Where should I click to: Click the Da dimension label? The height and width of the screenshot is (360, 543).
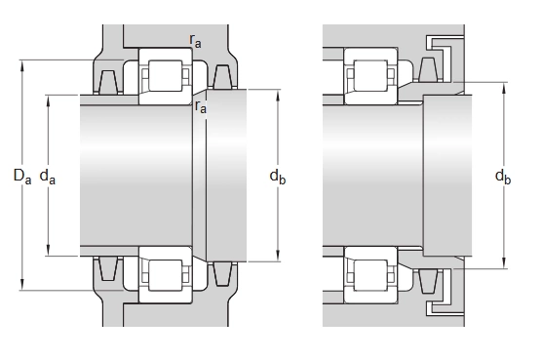(x=22, y=177)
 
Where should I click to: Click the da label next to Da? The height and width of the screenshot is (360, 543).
(x=48, y=177)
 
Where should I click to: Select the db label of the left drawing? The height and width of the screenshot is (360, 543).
(x=278, y=177)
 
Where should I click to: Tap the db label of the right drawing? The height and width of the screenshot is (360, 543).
(x=503, y=177)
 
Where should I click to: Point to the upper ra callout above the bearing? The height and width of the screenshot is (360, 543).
(x=195, y=41)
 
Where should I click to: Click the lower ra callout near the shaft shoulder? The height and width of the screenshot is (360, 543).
(x=201, y=106)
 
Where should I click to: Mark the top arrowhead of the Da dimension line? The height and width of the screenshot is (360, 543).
(x=22, y=65)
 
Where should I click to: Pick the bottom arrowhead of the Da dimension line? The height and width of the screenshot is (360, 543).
(x=22, y=284)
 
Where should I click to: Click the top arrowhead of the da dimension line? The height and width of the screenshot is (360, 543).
(x=48, y=100)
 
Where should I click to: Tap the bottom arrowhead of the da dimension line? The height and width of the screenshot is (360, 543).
(x=48, y=250)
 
